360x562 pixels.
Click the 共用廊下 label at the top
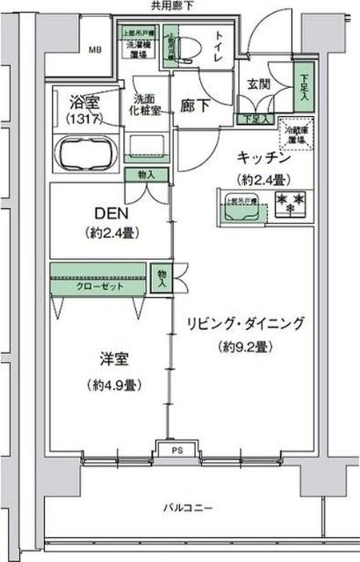(172, 5)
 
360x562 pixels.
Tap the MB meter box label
(94, 49)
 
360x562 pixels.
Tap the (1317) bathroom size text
(84, 118)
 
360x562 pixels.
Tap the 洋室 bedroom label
(115, 360)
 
